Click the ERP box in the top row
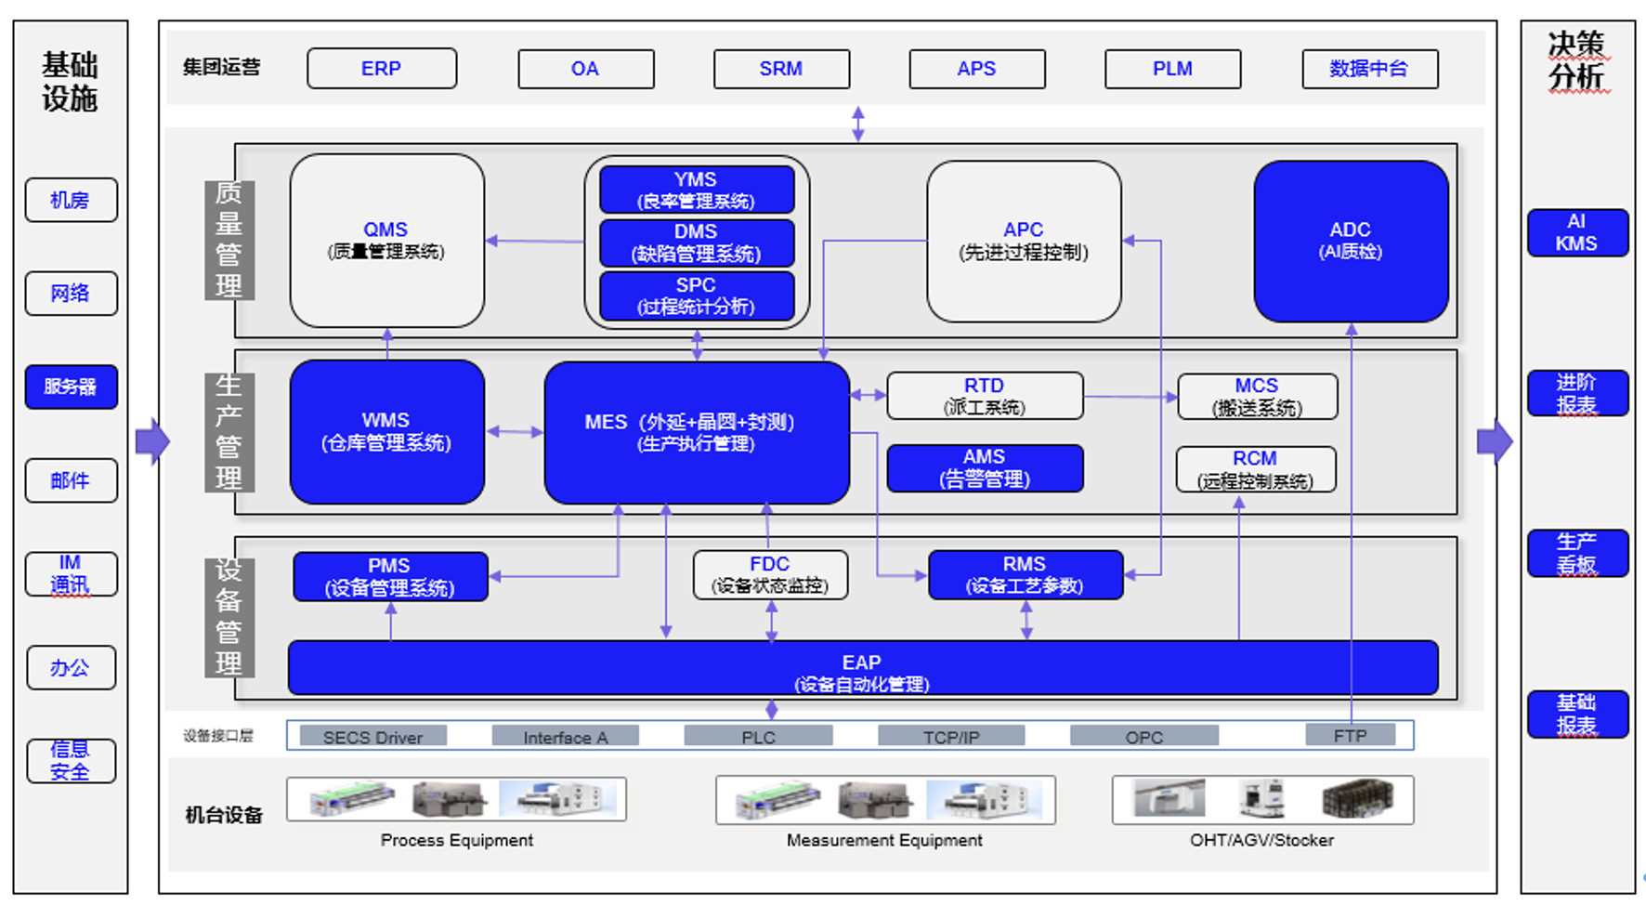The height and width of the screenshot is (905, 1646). (382, 69)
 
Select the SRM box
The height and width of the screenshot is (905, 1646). (781, 69)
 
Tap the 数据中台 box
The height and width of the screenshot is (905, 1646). (1370, 69)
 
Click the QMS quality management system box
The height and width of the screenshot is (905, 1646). (386, 241)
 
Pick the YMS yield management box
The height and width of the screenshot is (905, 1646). (697, 190)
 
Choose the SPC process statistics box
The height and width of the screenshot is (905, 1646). (697, 295)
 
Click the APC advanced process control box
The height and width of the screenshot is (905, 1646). (1024, 242)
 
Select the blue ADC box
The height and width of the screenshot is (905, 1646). (1351, 242)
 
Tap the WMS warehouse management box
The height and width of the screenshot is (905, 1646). (386, 432)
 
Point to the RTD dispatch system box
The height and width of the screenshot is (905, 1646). (985, 396)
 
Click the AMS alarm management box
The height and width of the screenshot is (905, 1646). (985, 468)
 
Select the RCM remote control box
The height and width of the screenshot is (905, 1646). (1256, 469)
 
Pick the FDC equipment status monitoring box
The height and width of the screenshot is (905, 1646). (770, 575)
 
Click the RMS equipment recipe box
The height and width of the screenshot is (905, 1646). (1025, 575)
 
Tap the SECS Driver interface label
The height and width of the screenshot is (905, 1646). (372, 737)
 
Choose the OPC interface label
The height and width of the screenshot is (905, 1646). (1144, 737)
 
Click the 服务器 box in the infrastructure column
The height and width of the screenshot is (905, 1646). (71, 387)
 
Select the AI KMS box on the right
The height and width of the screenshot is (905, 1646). (1577, 232)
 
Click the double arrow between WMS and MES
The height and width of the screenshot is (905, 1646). (515, 431)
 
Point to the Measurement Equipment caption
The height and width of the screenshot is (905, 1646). (884, 840)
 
